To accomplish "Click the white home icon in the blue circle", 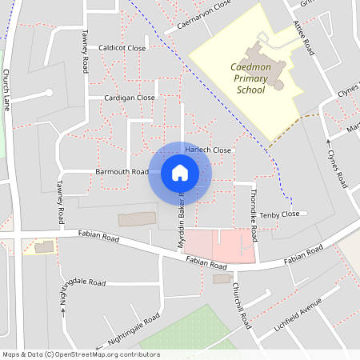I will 180,173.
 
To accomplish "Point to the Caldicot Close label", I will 122,49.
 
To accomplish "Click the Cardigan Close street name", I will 130,98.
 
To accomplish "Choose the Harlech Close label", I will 208,150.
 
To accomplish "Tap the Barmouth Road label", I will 122,172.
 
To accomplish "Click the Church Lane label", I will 6,90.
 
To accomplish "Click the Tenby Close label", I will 281,214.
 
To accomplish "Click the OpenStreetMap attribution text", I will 81,354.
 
